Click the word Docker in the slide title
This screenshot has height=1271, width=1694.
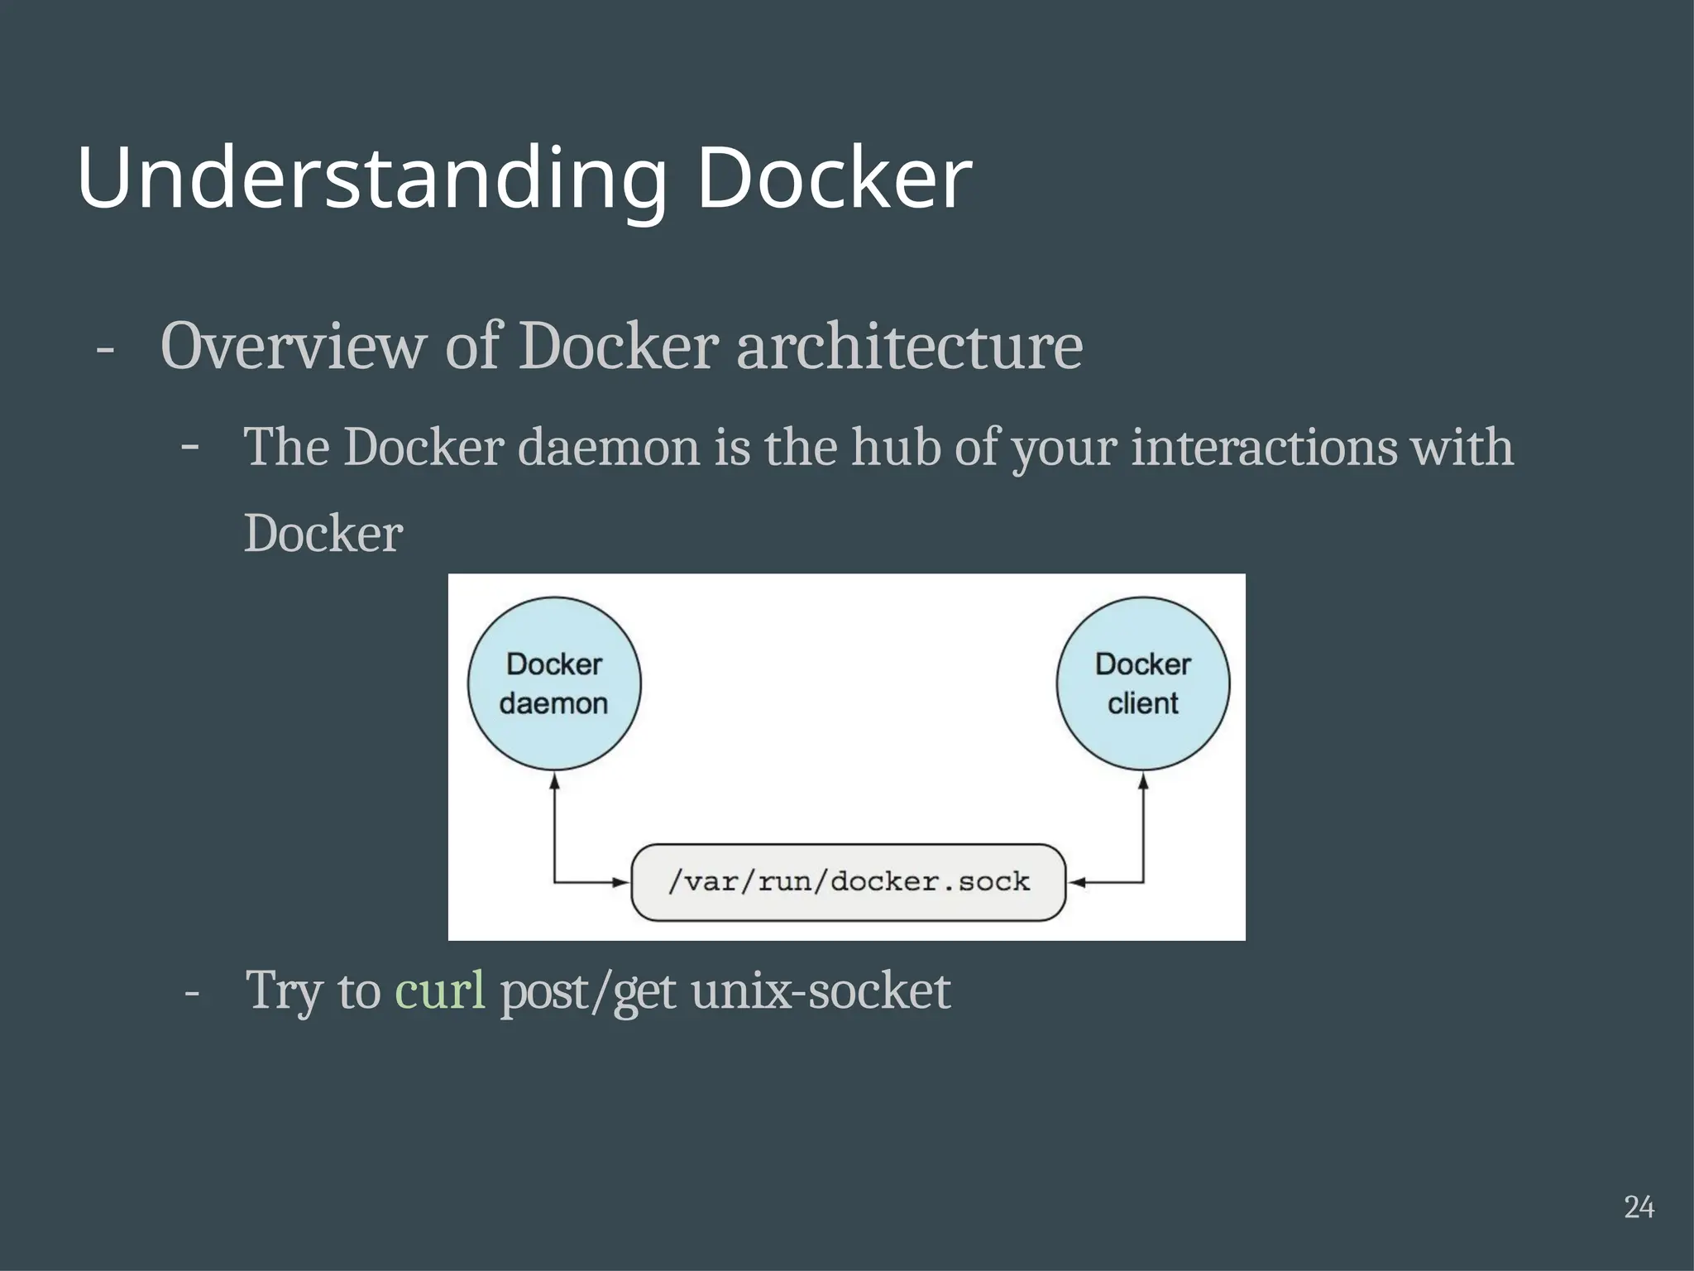834,178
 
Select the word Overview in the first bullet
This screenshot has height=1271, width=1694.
290,346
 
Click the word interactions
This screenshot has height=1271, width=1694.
1263,448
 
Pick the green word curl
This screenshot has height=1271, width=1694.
440,990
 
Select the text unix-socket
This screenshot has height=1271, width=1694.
821,990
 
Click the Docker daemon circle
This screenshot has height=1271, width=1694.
554,683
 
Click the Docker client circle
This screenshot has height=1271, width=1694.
1143,683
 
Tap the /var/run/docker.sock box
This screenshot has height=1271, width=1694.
848,882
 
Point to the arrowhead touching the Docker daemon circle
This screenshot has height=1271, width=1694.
555,779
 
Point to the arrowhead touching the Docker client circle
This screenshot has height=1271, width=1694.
1144,779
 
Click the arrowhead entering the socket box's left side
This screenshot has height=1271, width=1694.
621,883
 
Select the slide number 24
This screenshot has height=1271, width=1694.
1639,1207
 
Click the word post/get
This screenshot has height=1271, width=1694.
588,990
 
